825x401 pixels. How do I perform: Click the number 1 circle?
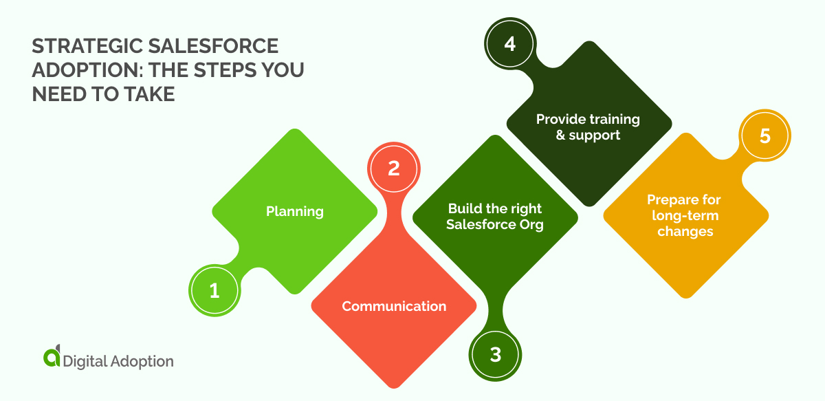point(214,291)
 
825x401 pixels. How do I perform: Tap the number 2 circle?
point(393,169)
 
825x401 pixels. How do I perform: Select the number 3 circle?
point(496,355)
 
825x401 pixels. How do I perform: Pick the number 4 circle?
point(509,44)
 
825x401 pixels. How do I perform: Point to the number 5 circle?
point(765,136)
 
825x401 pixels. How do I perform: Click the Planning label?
point(295,211)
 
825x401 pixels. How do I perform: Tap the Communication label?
point(394,306)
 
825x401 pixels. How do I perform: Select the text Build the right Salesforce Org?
point(495,217)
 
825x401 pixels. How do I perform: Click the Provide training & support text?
point(588,127)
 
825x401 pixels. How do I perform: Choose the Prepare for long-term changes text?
point(685,216)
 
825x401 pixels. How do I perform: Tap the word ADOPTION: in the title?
point(77,71)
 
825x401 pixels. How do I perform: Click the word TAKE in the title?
point(148,95)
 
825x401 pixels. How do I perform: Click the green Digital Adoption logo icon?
point(52,358)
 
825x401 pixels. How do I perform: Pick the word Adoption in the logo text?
point(142,361)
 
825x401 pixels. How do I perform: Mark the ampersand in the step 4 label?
point(561,136)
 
